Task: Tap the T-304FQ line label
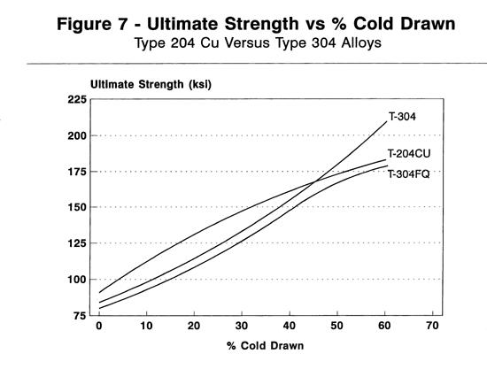coord(409,173)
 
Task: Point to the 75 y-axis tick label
coord(76,315)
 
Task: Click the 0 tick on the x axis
coord(99,327)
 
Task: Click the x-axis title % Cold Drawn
coord(266,345)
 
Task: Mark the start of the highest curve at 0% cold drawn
coord(100,292)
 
